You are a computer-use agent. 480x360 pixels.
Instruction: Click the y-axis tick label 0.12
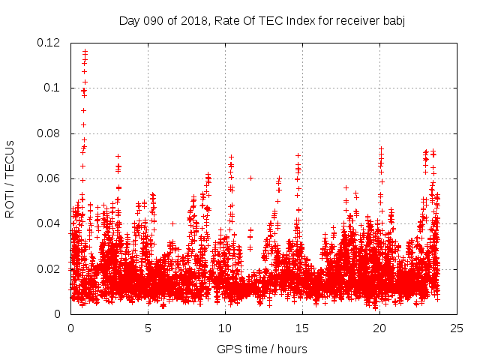click(x=49, y=43)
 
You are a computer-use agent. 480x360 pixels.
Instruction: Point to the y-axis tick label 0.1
click(x=52, y=88)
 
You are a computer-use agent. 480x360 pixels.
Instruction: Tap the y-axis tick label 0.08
click(x=49, y=133)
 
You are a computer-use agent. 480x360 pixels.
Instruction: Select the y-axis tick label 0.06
click(x=49, y=178)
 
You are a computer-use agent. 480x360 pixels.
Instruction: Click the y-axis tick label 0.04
click(x=49, y=223)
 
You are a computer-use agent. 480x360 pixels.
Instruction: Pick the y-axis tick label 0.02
click(x=49, y=268)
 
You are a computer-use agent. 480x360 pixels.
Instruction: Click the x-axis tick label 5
click(x=148, y=328)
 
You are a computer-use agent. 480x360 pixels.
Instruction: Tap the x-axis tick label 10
click(x=225, y=328)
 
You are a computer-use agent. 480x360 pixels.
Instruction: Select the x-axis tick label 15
click(x=302, y=328)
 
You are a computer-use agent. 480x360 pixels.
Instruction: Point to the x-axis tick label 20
click(x=379, y=328)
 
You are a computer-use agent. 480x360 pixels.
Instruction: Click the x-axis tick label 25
click(x=457, y=328)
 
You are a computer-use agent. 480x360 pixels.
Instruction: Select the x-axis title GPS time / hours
click(x=262, y=349)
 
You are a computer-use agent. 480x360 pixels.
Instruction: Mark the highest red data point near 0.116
click(x=85, y=51)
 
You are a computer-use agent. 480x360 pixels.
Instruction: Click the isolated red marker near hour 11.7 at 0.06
click(x=250, y=178)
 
